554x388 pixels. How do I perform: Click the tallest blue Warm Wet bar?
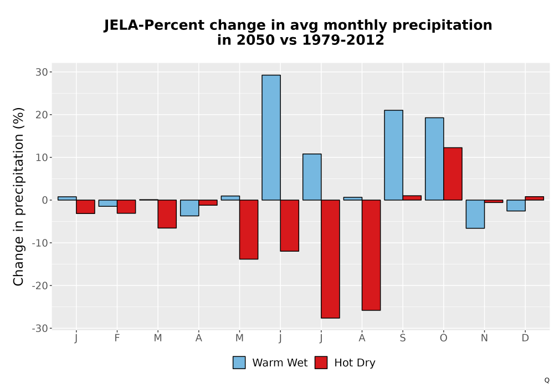point(271,137)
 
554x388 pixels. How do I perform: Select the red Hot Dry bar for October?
point(453,174)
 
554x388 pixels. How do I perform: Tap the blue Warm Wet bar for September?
point(393,155)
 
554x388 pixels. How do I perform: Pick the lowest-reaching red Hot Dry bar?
point(330,259)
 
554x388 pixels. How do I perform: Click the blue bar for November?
point(475,214)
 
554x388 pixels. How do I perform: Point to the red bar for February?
point(126,207)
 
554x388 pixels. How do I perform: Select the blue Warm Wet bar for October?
point(434,159)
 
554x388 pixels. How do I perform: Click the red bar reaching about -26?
point(371,255)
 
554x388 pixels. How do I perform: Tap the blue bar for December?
point(516,205)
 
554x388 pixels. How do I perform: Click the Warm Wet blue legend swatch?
point(239,363)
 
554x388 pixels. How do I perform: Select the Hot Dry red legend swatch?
point(321,363)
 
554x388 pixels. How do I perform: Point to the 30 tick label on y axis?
point(42,72)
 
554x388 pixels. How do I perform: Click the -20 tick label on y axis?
point(39,285)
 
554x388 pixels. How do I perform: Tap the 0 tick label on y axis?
point(44,200)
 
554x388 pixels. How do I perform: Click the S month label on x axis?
point(402,338)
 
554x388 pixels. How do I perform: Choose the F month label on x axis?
point(117,338)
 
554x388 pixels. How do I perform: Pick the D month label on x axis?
point(525,338)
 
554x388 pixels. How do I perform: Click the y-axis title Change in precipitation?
point(18,196)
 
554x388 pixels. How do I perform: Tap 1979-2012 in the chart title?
point(343,40)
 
